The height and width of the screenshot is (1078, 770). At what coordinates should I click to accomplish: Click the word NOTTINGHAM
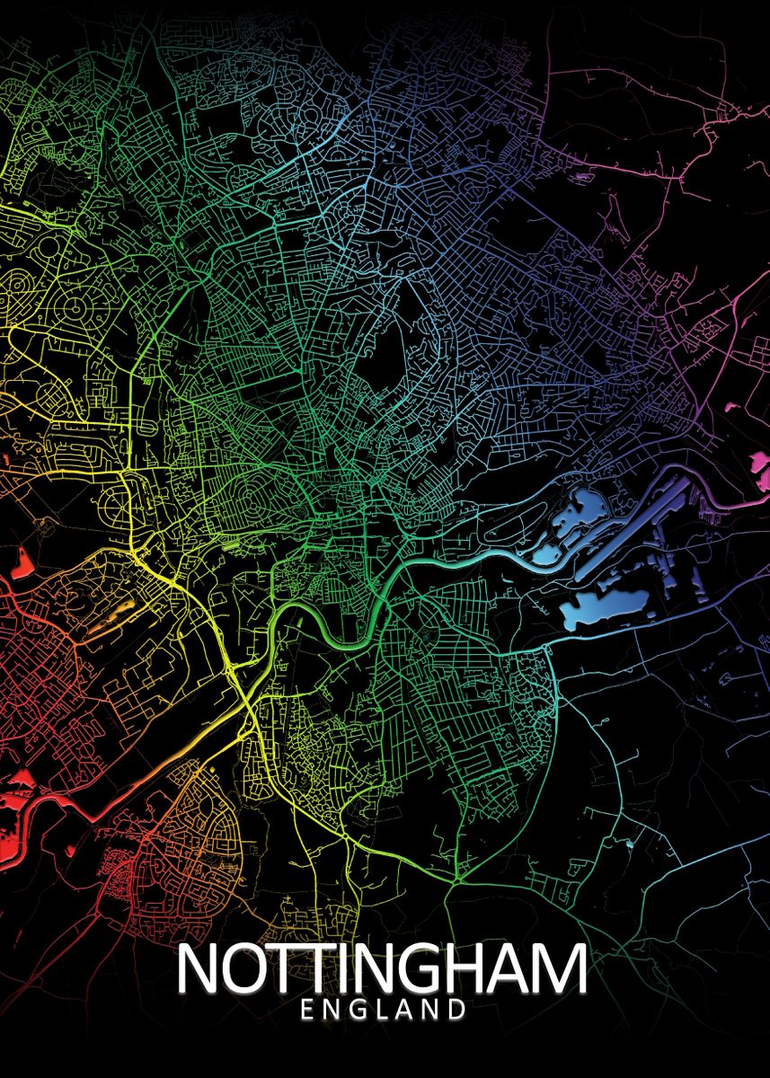(x=382, y=969)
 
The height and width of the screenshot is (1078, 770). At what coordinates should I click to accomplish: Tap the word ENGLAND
(x=384, y=1011)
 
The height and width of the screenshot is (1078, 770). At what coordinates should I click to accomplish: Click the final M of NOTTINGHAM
(x=562, y=969)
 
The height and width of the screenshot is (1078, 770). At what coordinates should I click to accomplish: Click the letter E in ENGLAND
(x=307, y=1011)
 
